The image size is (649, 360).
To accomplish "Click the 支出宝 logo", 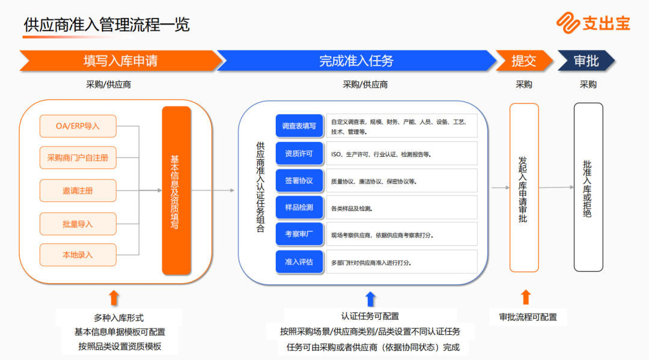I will [x=593, y=23].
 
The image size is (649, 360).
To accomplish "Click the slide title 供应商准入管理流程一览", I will [x=107, y=25].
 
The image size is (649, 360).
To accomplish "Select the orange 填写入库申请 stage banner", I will [x=120, y=61].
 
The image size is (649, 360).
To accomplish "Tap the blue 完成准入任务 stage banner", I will [x=356, y=61].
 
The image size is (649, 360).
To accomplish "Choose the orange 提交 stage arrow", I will [x=523, y=61].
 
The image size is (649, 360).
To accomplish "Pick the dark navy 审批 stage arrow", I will [x=586, y=61].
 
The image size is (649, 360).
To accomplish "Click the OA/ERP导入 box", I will [x=78, y=126].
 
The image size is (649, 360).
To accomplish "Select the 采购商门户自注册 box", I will [x=78, y=158].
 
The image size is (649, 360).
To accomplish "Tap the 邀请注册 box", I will [x=78, y=191].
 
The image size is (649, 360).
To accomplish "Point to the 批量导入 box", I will [x=78, y=224].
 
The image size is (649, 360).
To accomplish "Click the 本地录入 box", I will [x=78, y=255].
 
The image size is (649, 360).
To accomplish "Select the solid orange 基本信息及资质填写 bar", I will [x=176, y=190].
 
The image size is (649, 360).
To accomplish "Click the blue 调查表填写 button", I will [x=299, y=126].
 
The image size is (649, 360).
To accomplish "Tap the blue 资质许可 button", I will [x=299, y=154].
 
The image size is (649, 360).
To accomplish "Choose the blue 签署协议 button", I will [x=299, y=181].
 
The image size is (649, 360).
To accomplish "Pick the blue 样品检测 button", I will [x=299, y=207].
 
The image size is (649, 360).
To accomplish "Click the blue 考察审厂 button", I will [x=299, y=234].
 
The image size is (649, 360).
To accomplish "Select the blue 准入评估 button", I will [x=299, y=262].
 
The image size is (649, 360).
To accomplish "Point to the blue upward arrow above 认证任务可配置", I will [x=370, y=298].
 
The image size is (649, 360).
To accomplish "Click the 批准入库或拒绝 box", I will [x=588, y=188].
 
